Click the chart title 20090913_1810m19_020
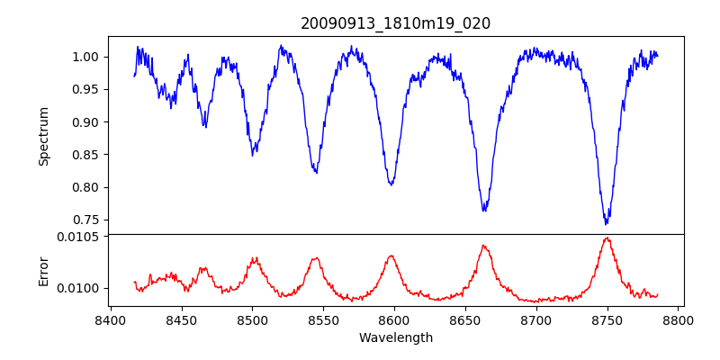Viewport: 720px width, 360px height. [396, 23]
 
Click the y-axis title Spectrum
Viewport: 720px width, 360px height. [43, 136]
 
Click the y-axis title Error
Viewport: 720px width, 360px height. [43, 270]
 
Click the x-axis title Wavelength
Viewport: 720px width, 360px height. [396, 338]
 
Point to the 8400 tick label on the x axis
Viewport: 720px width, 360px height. [110, 319]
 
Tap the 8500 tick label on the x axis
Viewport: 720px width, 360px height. [252, 319]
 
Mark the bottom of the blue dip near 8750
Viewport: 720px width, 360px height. [607, 223]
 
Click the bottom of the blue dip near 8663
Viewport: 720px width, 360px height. [484, 211]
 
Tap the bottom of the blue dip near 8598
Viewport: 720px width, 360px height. [391, 184]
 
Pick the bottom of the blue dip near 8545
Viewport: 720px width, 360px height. [316, 172]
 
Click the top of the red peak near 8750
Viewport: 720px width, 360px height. [607, 238]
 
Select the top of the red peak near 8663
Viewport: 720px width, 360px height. [483, 245]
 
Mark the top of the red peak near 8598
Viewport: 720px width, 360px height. [391, 256]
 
